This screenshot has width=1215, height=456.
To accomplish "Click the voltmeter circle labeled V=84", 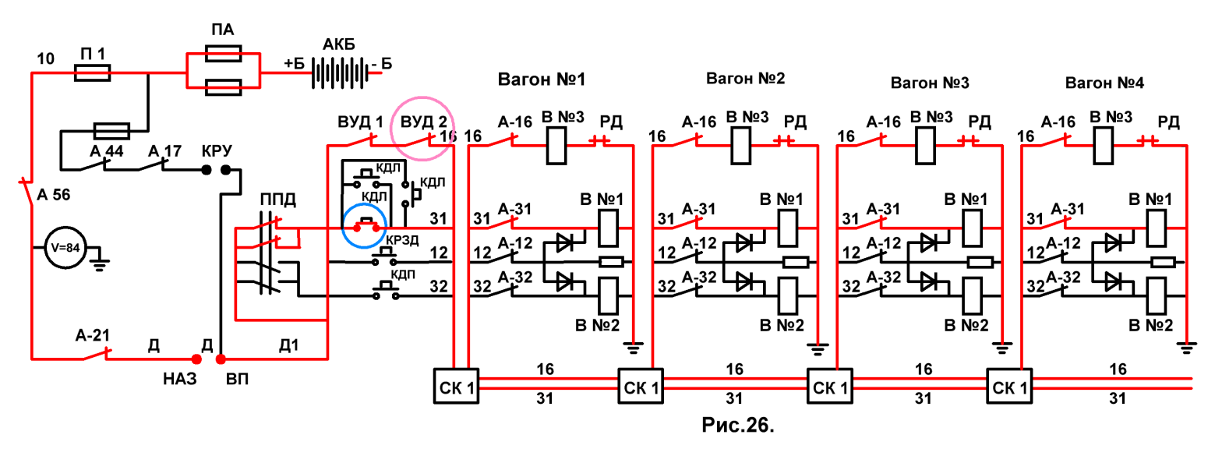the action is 65,248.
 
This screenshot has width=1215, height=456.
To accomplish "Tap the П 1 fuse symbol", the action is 92,72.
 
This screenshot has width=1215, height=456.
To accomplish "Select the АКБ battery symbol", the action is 340,72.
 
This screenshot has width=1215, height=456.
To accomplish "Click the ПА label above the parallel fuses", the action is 223,30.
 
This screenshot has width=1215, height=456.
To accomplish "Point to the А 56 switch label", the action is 54,195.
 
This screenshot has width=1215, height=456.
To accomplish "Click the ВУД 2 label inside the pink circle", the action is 424,122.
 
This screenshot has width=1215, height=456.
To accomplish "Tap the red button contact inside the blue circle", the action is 366,224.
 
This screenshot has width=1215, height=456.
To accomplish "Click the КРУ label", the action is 217,150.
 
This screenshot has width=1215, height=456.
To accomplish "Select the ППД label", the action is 278,200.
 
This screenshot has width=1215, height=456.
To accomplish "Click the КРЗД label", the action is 402,240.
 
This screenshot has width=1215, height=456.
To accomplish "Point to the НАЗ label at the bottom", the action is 179,379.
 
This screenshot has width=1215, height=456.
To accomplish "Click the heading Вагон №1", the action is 542,80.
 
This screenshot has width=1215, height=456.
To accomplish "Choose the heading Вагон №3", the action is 930,83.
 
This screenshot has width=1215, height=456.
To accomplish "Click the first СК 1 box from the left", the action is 456,386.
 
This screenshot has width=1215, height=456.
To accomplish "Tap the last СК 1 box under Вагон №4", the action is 1009,386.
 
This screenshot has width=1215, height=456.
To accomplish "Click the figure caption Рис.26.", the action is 738,425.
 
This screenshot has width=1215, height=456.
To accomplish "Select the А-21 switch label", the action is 92,336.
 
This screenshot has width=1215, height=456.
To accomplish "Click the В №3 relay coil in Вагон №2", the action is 741,145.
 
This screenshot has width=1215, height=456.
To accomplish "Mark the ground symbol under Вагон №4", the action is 1187,348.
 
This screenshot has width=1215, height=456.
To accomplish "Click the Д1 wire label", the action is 288,345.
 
